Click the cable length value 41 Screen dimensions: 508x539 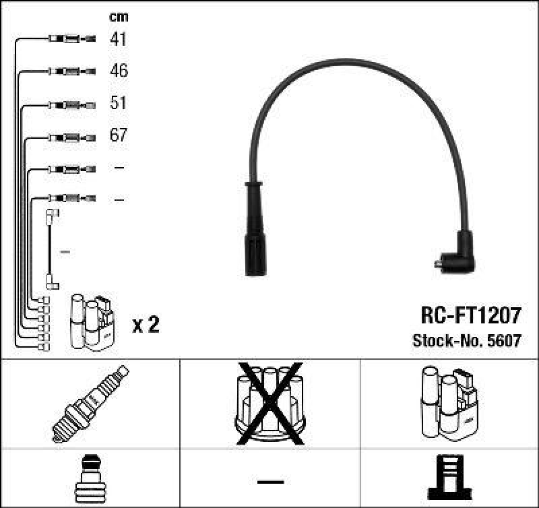pyautogui.click(x=118, y=39)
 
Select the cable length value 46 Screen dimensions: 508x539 pyautogui.click(x=118, y=71)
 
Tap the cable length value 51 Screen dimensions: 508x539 pyautogui.click(x=118, y=103)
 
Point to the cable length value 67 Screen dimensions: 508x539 pyautogui.click(x=118, y=135)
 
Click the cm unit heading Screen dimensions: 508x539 pyautogui.click(x=118, y=17)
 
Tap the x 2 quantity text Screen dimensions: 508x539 pyautogui.click(x=146, y=325)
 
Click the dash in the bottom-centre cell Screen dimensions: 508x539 pyautogui.click(x=270, y=481)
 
